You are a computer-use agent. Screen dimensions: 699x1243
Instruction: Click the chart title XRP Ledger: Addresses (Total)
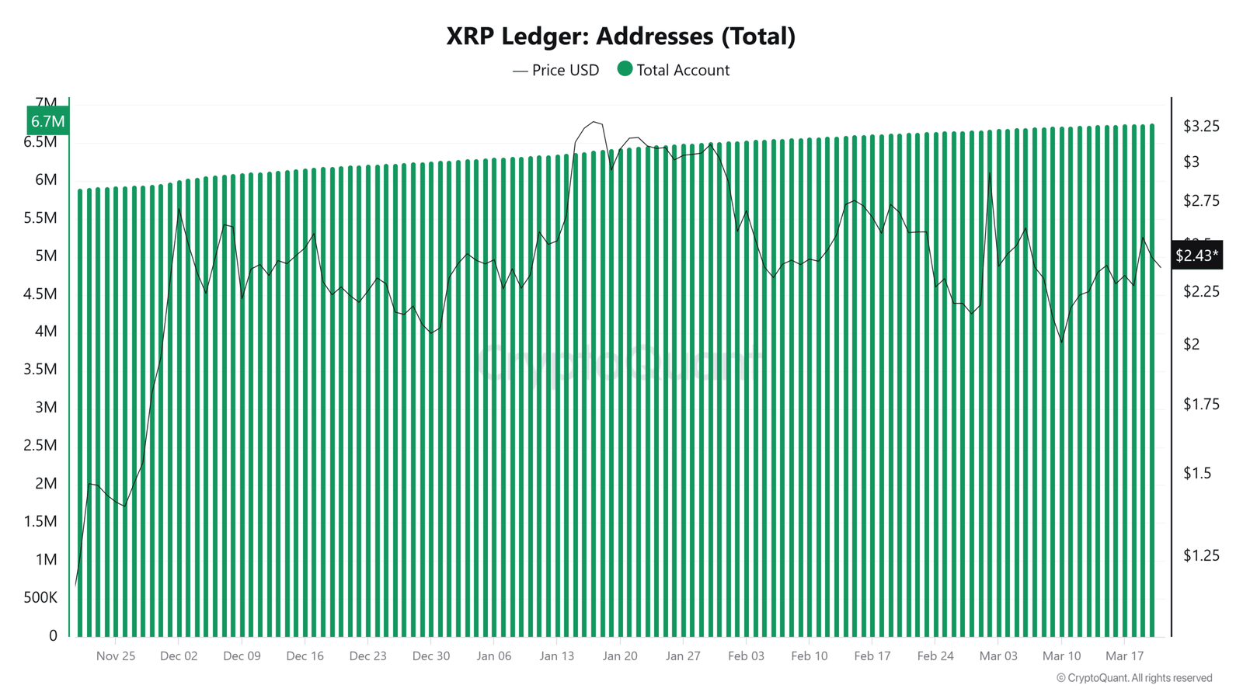tap(621, 36)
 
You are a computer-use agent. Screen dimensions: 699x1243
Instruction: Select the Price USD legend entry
tap(556, 70)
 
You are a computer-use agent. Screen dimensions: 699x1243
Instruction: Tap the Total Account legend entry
tap(674, 70)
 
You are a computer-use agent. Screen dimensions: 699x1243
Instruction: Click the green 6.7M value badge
tap(47, 121)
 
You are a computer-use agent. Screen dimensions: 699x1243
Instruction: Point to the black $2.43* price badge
tap(1196, 256)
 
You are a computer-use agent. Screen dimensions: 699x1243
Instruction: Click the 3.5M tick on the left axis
tap(40, 369)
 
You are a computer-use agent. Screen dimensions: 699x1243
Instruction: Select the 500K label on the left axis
tap(40, 597)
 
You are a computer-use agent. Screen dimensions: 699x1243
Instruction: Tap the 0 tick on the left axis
tap(53, 635)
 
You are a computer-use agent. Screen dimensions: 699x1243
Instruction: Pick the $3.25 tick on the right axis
tap(1201, 126)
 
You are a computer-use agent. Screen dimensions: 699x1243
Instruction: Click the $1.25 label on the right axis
tap(1201, 555)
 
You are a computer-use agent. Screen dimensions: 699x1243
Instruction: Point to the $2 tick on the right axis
tap(1192, 344)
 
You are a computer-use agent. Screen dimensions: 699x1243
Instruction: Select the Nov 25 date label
tap(116, 656)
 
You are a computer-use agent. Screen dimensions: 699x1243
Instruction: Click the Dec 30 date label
tap(431, 656)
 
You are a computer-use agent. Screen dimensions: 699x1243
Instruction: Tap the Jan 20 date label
tap(620, 656)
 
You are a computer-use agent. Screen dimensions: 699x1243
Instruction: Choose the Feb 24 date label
tap(935, 656)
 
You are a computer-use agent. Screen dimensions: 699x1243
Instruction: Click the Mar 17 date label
tap(1124, 656)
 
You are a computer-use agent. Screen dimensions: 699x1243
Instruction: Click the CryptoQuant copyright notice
tap(1134, 678)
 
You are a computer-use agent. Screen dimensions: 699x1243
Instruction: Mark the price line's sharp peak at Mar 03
tap(990, 173)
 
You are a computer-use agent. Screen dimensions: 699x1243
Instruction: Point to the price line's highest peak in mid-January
tap(594, 122)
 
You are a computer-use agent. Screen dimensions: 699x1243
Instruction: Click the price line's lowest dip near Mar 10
tap(1061, 343)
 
